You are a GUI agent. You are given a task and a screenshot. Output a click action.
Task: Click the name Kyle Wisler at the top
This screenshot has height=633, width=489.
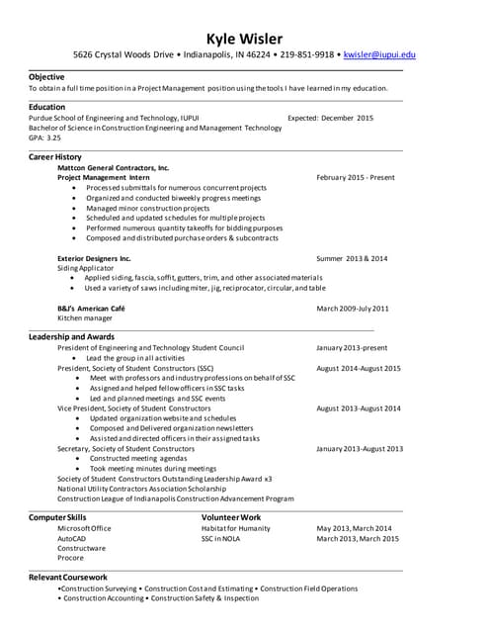coord(244,39)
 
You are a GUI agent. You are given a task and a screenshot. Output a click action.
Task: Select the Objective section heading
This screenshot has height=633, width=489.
coord(46,76)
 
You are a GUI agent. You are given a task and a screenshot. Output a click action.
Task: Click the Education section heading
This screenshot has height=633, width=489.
coord(47,107)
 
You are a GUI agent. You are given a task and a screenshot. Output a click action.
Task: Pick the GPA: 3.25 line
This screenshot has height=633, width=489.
coord(45,138)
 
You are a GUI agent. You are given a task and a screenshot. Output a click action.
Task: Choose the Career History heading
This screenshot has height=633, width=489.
coord(55,157)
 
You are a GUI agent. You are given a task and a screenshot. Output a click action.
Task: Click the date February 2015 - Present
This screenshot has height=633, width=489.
coord(356,178)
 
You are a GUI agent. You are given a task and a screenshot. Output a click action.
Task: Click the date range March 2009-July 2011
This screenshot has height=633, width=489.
coord(353,309)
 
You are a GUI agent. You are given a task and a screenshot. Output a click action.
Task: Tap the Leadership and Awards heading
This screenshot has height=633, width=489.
coord(71,337)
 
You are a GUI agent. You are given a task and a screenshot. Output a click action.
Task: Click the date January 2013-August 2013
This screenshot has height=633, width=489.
coord(360,448)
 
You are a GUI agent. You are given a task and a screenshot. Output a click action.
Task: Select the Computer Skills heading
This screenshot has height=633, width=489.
coord(57,517)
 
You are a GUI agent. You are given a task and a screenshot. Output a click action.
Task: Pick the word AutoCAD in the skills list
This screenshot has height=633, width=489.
coord(72,539)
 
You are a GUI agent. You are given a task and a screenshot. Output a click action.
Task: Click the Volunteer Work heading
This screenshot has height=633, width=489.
coord(231,517)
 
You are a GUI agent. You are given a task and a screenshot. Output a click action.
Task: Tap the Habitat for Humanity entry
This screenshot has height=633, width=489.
coord(235,528)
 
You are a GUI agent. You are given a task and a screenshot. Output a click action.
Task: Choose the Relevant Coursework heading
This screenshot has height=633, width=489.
coord(68,577)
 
